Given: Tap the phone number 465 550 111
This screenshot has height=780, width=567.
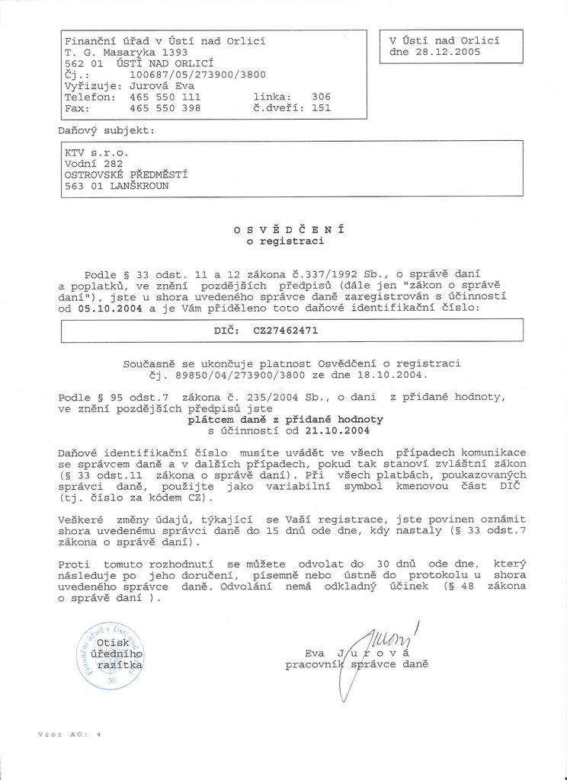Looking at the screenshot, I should pos(165,97).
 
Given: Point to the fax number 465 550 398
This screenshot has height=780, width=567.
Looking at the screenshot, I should pos(165,108).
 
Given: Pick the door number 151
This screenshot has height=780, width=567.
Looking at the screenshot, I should pos(322,108).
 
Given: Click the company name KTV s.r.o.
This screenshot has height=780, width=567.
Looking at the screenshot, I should pos(91,152).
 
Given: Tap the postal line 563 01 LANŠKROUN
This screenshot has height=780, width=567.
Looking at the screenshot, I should pos(117,184).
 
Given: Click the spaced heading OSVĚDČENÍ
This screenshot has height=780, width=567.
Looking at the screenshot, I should pos(290,229).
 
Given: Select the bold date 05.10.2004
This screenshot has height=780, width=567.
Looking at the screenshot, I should pos(110,309).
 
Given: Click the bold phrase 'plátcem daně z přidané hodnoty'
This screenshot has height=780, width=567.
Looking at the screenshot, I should pos(286,419).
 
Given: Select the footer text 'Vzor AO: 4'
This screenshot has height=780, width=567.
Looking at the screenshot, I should pos(69,734).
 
